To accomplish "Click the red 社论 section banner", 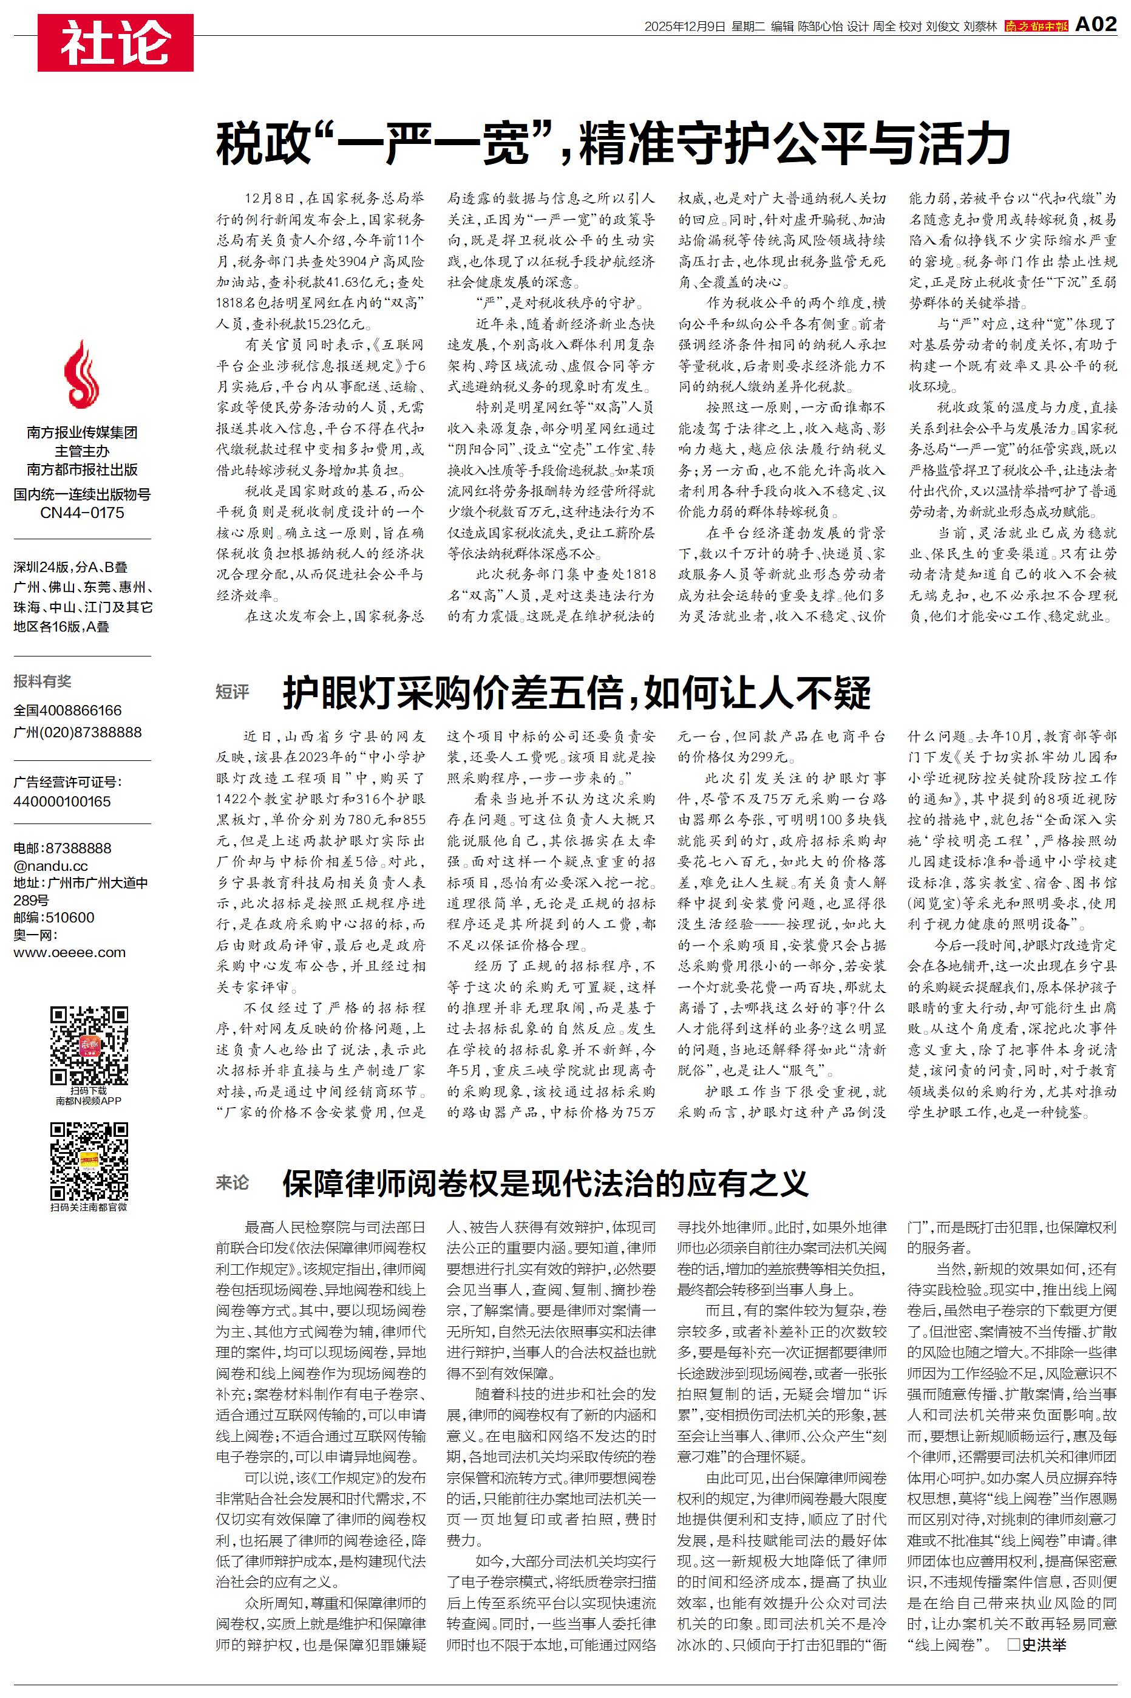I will point(115,43).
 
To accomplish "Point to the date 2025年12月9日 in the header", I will point(684,27).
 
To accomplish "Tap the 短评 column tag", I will point(233,692).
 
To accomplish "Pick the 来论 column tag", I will point(233,1183).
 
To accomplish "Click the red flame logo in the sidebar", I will point(81,375).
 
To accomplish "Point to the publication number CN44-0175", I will point(82,513).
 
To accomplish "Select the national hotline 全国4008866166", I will point(68,711).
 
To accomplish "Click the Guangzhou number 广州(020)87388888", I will point(77,732).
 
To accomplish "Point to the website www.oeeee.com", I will point(69,952).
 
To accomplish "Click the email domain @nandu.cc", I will point(50,865).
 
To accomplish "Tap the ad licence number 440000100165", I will point(62,802).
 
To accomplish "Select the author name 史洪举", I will point(1043,1645).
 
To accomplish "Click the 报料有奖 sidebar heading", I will point(42,681).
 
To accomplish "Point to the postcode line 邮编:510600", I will point(53,918).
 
